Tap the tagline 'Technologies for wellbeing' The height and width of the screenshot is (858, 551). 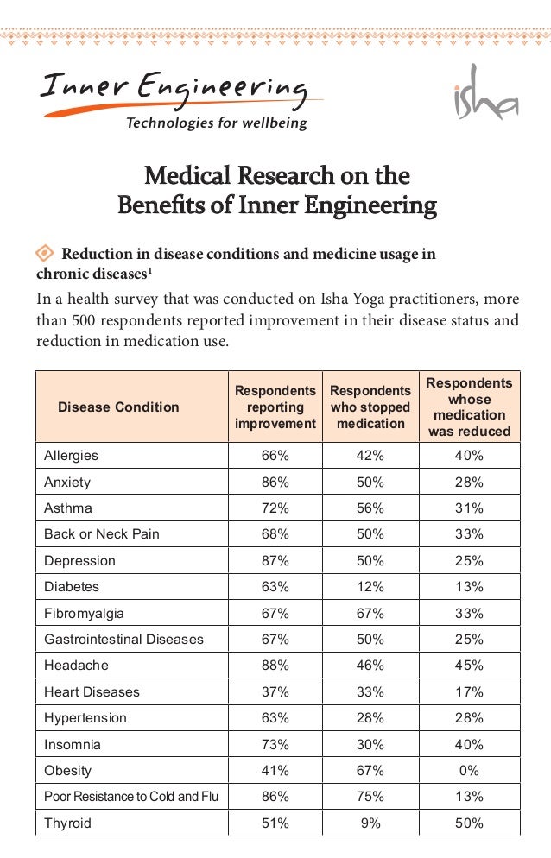217,123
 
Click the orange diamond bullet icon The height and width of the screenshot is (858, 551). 44,253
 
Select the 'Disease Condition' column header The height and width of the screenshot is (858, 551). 118,407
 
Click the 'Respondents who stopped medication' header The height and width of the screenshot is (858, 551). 370,407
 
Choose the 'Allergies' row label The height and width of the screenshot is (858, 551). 71,455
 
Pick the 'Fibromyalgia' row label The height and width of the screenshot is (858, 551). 84,614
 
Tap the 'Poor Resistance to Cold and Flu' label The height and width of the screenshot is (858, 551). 131,796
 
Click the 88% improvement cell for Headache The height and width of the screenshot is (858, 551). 275,666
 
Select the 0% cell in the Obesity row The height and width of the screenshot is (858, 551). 469,771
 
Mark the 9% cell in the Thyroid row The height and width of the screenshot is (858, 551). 370,823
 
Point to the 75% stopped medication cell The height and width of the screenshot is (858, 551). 370,796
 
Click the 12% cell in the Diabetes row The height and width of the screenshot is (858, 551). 370,587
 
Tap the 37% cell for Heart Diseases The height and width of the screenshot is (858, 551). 275,691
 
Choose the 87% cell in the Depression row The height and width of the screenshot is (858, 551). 275,560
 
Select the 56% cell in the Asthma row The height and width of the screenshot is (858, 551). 370,508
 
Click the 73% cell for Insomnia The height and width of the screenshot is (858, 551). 275,744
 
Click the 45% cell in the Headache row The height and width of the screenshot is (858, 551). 469,666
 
